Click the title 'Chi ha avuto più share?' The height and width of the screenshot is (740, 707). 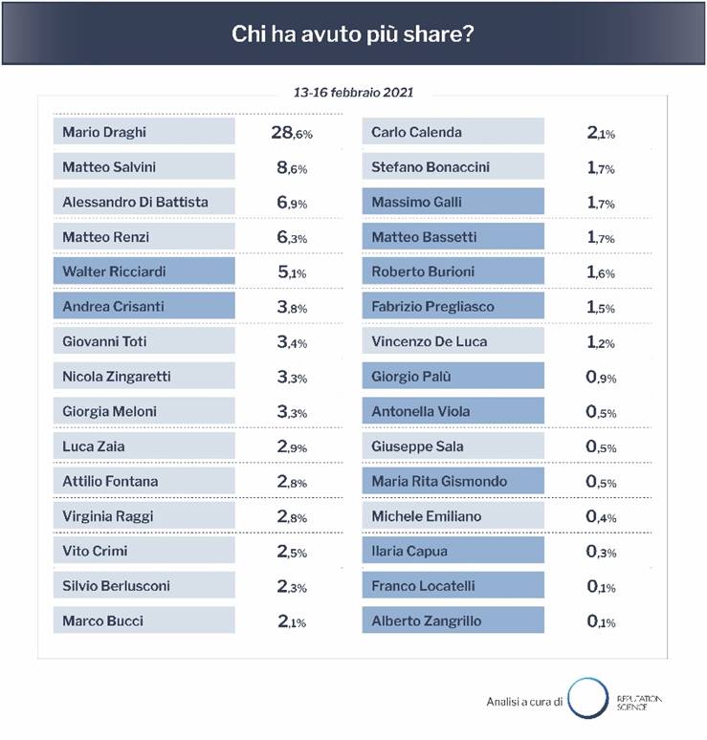[x=353, y=33]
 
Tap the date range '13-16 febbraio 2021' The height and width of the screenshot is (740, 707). [x=353, y=94]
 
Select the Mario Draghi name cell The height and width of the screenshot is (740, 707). [x=144, y=132]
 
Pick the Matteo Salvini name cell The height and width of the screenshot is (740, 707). [x=144, y=166]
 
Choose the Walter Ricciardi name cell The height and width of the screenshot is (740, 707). [x=144, y=272]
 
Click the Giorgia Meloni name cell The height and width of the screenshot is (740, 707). [x=144, y=411]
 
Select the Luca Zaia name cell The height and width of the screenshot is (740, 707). [x=144, y=446]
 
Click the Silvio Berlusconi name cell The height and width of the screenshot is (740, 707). [x=144, y=586]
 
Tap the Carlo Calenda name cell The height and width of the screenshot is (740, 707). [x=453, y=132]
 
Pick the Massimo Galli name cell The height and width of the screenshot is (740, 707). [x=453, y=202]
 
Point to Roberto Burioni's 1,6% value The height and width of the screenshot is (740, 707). [x=601, y=272]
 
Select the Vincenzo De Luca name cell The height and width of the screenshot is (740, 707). [x=453, y=341]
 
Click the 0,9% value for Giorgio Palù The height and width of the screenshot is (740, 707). [x=601, y=378]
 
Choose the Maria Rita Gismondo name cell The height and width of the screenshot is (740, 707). [x=453, y=481]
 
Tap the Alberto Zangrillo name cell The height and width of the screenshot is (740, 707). [x=453, y=620]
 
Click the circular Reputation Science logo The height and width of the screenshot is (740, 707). [x=585, y=699]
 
